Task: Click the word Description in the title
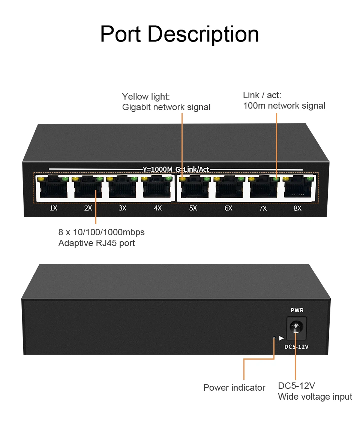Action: pos(203,34)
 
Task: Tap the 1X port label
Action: pos(53,208)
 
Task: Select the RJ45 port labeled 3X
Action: pos(122,187)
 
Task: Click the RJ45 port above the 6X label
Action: pos(228,187)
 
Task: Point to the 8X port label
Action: pos(297,208)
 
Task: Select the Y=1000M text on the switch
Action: pos(157,170)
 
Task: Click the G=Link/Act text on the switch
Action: pos(192,170)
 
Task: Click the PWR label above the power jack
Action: pos(297,311)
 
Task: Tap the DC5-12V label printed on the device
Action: pos(296,347)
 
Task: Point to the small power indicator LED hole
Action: pos(274,338)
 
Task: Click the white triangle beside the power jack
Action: pos(281,338)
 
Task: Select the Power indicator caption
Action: pos(234,388)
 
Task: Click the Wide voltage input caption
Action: pos(315,397)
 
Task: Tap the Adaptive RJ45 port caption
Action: pos(96,243)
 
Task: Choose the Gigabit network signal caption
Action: pos(166,107)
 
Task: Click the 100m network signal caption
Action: pos(284,106)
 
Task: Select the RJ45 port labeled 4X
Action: pos(157,187)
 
